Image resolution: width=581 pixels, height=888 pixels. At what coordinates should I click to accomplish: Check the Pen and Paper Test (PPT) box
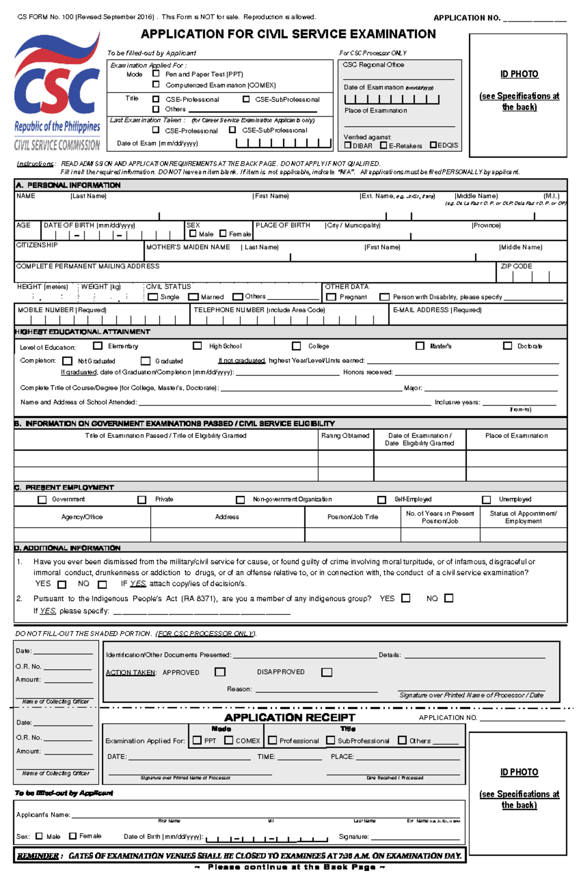(156, 74)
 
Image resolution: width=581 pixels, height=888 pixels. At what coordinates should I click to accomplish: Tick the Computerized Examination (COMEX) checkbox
(156, 84)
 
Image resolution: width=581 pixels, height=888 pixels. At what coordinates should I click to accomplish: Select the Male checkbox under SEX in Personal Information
(193, 234)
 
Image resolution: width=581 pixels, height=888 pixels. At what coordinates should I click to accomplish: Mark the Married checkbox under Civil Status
(194, 297)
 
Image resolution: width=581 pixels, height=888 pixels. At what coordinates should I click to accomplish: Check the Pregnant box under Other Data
(331, 297)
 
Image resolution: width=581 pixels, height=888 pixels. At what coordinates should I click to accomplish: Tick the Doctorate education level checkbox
(507, 346)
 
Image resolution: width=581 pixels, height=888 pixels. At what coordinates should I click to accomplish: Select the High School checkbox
(197, 346)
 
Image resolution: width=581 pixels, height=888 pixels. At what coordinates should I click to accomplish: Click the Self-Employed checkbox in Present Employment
(382, 499)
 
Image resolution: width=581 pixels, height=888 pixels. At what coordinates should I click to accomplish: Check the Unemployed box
(486, 499)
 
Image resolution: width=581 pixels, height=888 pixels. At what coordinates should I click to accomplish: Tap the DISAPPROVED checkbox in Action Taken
(327, 672)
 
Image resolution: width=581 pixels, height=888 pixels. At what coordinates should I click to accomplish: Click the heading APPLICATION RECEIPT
(290, 717)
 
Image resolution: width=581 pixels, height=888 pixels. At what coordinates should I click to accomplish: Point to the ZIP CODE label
(516, 266)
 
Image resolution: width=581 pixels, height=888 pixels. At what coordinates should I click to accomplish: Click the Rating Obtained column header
(345, 436)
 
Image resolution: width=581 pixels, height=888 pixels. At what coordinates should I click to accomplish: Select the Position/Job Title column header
(352, 517)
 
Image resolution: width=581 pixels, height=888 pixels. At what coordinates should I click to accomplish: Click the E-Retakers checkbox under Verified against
(383, 145)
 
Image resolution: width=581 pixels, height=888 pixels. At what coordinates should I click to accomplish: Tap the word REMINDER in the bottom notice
(38, 856)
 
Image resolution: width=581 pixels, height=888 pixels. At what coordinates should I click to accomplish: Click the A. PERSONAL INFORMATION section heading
(68, 185)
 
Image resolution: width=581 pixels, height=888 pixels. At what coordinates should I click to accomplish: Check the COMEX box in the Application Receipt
(229, 740)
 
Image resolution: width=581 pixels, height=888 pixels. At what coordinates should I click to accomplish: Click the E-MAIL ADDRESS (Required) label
(437, 310)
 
